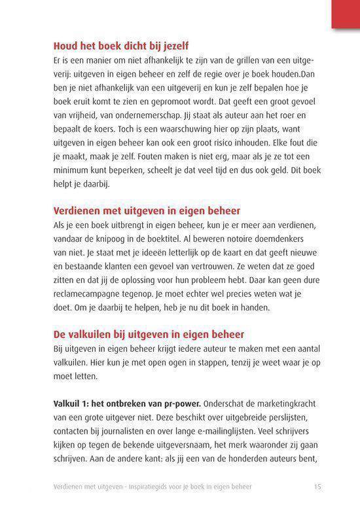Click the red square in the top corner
pyautogui.click(x=346, y=14)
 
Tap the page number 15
pyautogui.click(x=317, y=485)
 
